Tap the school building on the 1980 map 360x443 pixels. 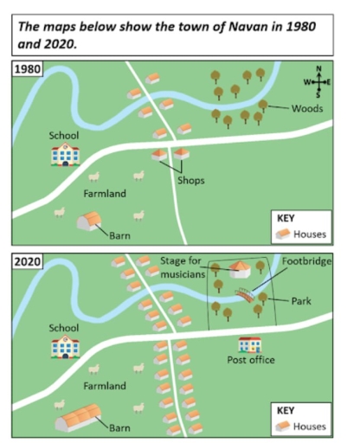coord(66,155)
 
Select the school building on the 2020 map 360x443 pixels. coord(66,348)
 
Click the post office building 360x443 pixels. coord(249,344)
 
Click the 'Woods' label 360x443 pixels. coord(307,109)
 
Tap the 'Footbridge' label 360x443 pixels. coord(307,260)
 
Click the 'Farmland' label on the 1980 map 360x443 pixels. coord(105,194)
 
